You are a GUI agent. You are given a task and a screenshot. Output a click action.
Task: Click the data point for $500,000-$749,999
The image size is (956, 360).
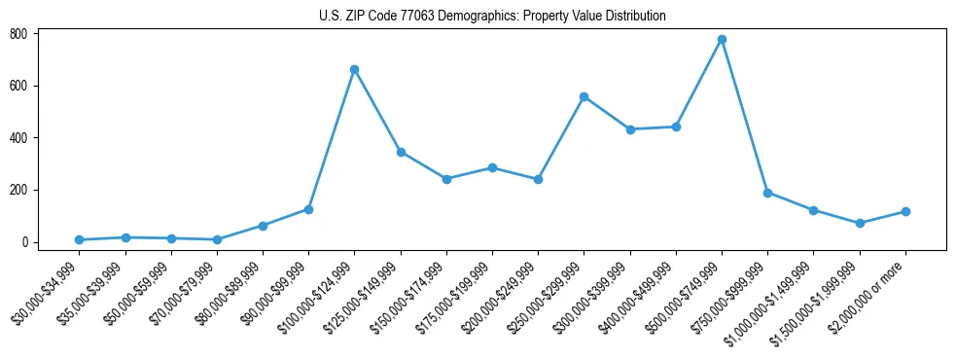coord(722,39)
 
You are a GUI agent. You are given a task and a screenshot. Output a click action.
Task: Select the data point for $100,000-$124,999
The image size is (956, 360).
coord(355,69)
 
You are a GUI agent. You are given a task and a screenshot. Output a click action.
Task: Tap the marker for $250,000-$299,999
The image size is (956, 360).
coord(584,96)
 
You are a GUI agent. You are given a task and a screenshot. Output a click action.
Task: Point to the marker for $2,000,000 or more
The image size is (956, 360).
coord(905,211)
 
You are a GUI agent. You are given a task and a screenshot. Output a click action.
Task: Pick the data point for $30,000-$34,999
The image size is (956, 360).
coord(79,239)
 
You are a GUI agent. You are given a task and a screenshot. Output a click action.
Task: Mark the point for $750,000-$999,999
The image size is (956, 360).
coord(767,193)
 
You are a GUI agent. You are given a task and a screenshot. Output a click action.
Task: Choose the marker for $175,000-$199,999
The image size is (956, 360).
coord(492,167)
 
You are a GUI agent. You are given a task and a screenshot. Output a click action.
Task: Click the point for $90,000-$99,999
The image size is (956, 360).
coord(308,209)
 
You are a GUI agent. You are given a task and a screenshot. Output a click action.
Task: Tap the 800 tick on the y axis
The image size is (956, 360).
coord(18,34)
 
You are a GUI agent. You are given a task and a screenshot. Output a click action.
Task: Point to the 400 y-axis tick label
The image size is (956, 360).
coord(18,138)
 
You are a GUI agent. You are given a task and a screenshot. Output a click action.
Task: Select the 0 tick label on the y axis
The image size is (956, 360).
coord(26,242)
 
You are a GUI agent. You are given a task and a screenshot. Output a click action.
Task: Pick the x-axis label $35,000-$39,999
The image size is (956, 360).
coord(92,283)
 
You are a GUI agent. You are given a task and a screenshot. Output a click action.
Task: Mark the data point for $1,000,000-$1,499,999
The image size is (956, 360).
coord(813,210)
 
